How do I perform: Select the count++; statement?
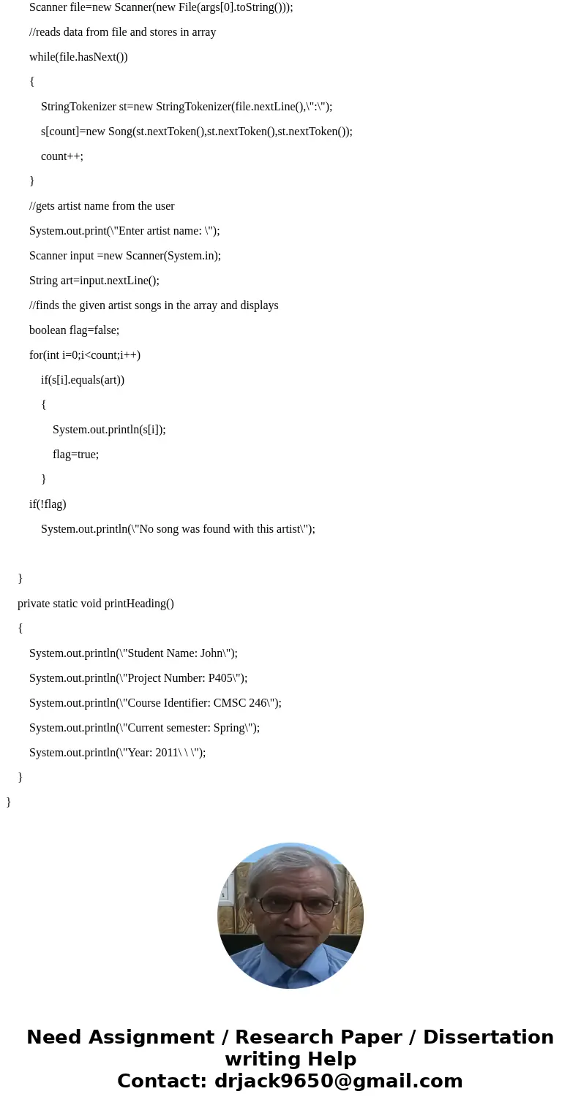click(62, 156)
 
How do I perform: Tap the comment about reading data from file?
click(122, 32)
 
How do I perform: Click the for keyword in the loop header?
click(36, 355)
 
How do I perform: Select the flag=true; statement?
click(75, 455)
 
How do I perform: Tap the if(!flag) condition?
click(48, 504)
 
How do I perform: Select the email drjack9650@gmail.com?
click(338, 1082)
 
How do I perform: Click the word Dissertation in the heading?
click(488, 1038)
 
